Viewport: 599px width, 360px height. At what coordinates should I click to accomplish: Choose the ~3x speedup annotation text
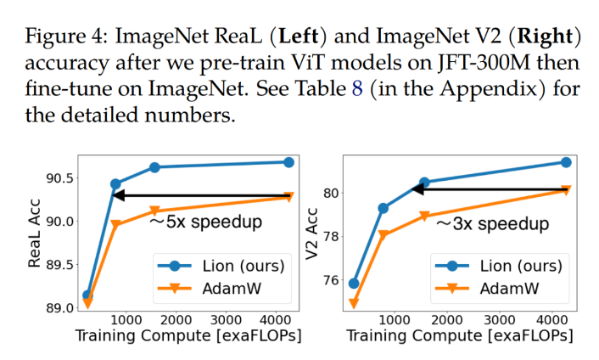coord(492,224)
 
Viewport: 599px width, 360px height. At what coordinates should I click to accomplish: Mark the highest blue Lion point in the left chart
coord(288,162)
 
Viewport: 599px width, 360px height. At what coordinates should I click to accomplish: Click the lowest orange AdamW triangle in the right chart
coord(354,303)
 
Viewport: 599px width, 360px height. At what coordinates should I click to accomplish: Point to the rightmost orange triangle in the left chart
coord(288,198)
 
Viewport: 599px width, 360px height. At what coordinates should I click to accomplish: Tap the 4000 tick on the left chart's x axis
coord(275,319)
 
